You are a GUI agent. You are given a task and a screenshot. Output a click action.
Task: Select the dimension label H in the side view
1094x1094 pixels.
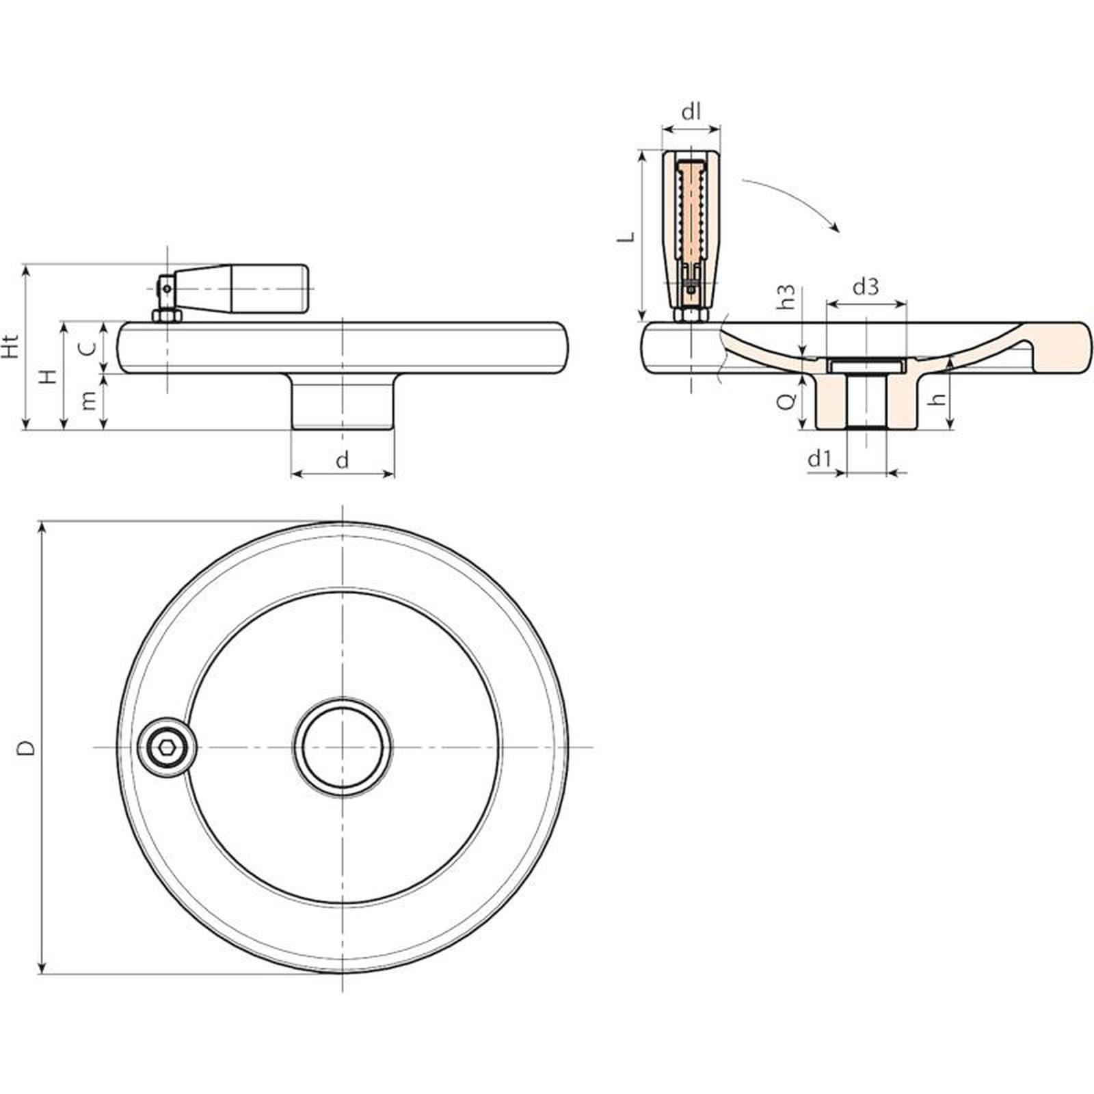47,377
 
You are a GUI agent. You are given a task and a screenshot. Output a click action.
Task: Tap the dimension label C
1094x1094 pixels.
87,349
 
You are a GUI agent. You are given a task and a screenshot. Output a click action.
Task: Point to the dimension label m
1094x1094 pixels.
88,402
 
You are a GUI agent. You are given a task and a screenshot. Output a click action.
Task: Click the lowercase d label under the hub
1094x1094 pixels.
343,460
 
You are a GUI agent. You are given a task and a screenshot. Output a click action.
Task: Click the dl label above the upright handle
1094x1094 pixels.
692,111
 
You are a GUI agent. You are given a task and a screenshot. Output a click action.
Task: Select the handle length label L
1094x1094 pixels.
626,237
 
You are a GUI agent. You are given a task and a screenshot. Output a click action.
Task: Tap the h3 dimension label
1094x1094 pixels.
787,297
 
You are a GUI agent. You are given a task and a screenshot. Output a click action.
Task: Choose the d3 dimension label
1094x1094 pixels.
866,286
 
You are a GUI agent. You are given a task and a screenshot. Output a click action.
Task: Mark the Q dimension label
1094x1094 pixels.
788,401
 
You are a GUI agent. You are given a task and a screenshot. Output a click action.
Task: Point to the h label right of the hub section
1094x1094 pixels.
939,397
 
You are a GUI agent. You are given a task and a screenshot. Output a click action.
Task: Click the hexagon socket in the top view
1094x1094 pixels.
165,747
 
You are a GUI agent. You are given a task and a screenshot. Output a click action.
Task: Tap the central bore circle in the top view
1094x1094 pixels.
343,747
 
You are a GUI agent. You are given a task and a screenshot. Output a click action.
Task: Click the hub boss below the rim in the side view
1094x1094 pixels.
343,401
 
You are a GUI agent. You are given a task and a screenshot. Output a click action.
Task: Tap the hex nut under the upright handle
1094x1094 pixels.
691,315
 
